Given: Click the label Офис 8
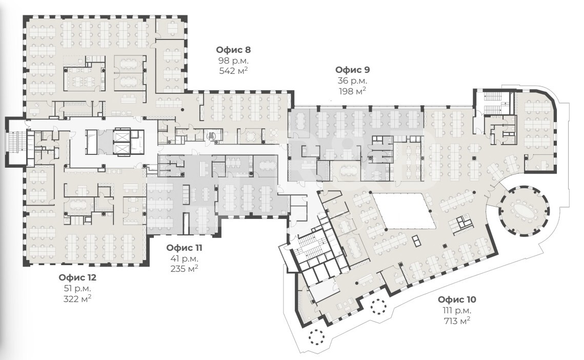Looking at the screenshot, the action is click(233, 50).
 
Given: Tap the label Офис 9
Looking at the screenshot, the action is click(352, 70).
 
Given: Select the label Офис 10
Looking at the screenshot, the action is click(457, 299).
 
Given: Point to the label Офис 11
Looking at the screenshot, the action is click(184, 248).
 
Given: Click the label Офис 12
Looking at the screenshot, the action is click(77, 277).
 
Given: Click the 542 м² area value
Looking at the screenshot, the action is click(233, 70).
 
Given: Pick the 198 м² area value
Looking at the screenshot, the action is click(352, 91).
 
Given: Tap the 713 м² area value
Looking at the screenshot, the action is click(457, 321).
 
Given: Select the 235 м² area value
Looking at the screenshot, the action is click(184, 268).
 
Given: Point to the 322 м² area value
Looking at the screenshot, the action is click(77, 298).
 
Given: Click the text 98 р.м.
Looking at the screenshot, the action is click(233, 61).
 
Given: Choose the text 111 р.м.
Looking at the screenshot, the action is click(457, 310).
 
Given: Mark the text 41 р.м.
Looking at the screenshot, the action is click(184, 258).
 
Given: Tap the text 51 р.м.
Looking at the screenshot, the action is click(77, 288).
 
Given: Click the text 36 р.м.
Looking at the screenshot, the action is click(352, 81).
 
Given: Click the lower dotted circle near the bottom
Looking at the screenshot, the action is click(316, 337).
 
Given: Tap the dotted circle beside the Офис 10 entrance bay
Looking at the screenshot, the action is click(379, 306).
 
